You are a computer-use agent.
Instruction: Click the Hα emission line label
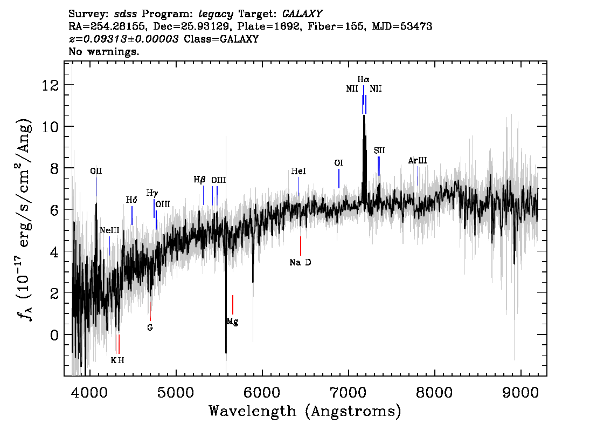[363, 80]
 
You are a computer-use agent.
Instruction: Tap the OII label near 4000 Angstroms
[96, 171]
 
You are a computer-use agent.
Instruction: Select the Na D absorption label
[301, 263]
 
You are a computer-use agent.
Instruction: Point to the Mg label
[232, 322]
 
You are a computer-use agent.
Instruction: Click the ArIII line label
[418, 160]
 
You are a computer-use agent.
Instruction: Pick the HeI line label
[298, 171]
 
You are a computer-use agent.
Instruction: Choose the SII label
[379, 151]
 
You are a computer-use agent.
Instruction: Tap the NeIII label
[109, 230]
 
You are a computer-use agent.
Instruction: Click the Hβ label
[199, 180]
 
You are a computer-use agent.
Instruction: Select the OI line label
[338, 163]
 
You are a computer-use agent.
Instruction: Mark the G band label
[150, 328]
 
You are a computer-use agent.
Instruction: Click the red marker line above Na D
[301, 246]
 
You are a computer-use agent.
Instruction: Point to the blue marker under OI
[339, 179]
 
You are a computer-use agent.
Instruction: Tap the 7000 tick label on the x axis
[349, 392]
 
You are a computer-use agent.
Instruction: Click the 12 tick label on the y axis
[51, 85]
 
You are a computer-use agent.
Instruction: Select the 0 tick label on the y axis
[54, 335]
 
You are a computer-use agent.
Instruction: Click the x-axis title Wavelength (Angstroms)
[305, 411]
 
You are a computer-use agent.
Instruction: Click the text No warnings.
[103, 51]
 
